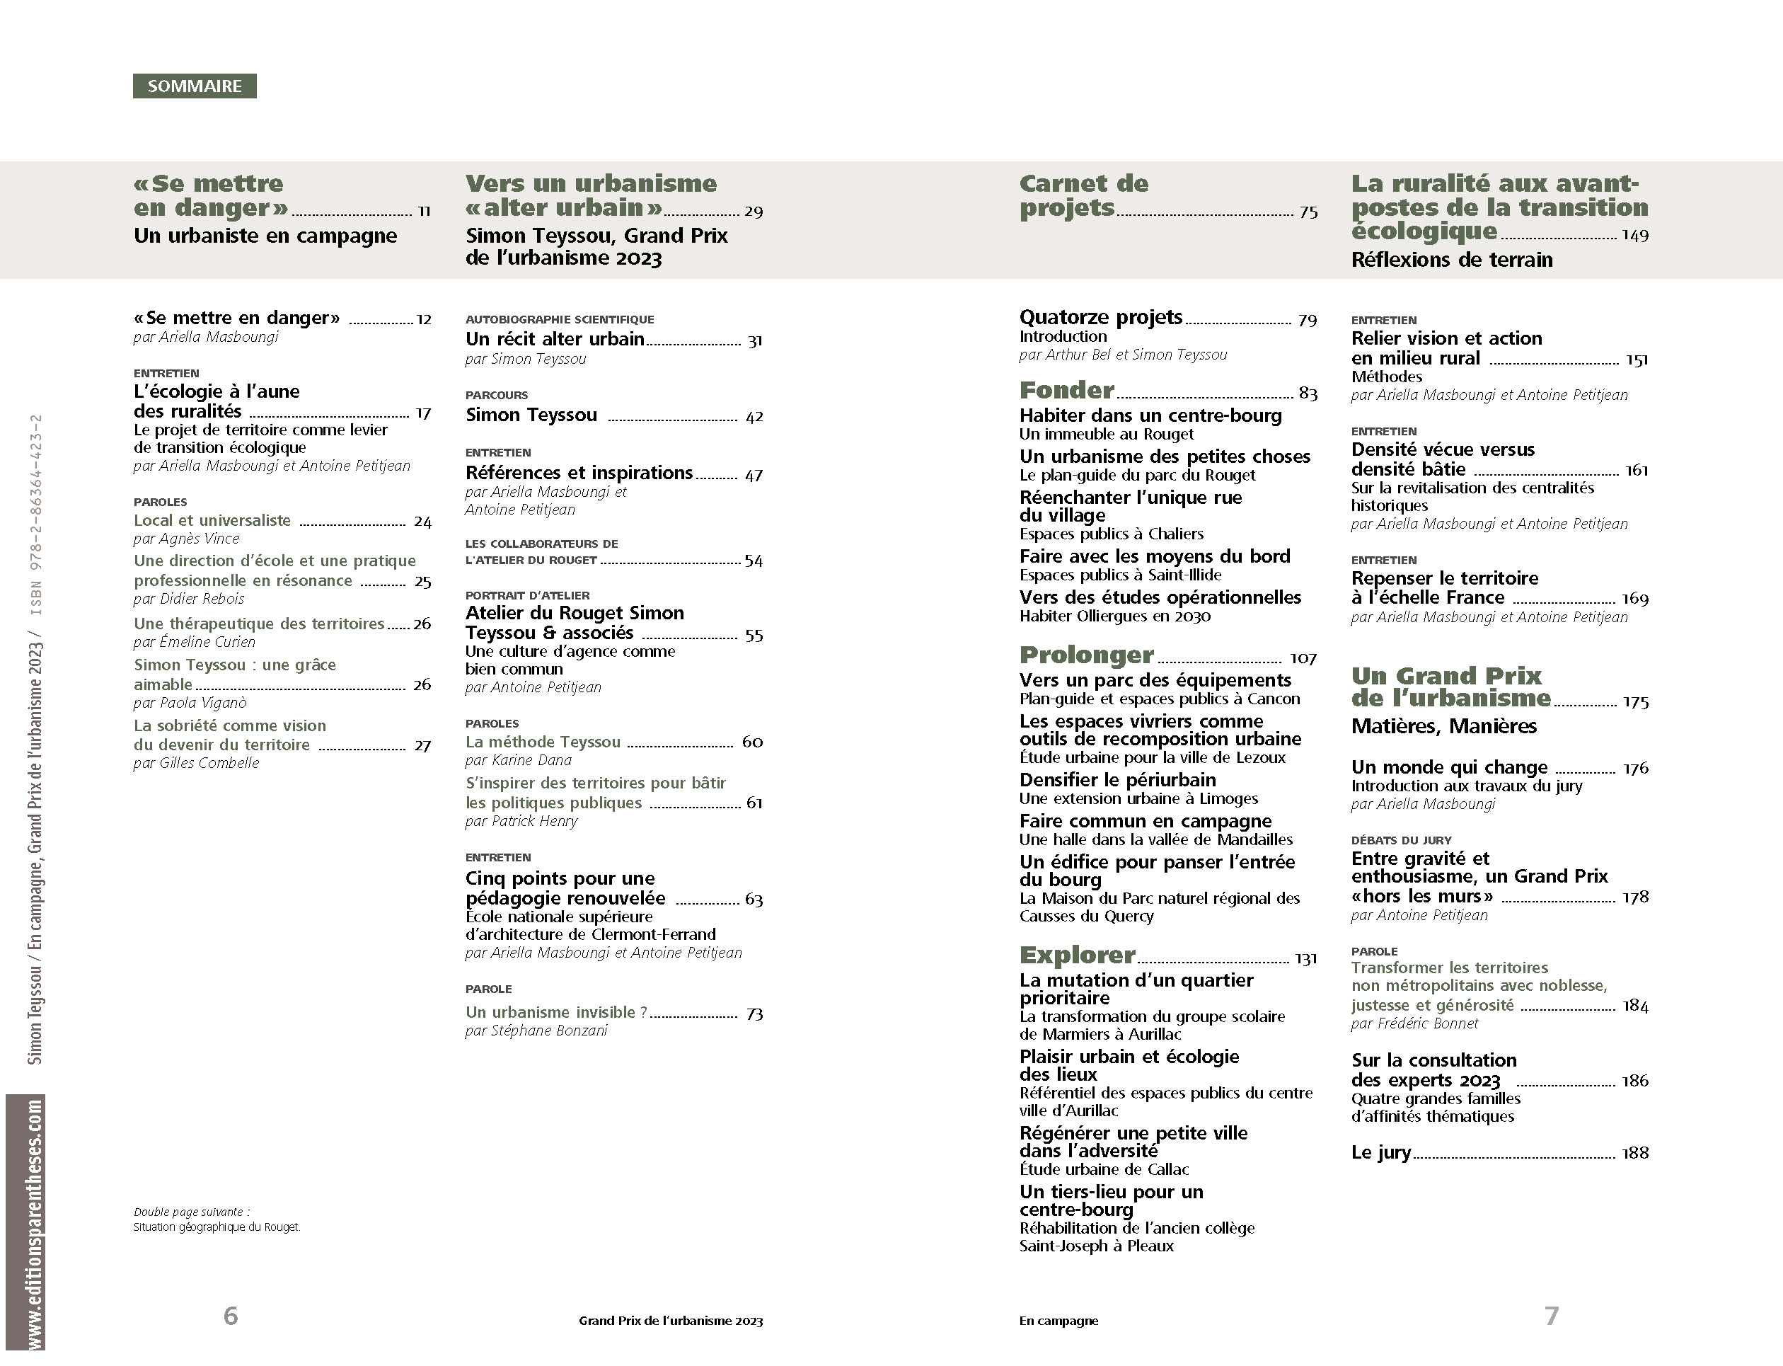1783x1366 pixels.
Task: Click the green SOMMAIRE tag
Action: click(195, 86)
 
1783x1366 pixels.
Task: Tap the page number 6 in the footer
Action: click(231, 1315)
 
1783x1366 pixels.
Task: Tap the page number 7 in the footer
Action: click(1552, 1315)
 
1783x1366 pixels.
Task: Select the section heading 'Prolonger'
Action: click(1087, 655)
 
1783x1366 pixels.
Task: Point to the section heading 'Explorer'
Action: click(1077, 955)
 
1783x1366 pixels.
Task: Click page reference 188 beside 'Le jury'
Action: click(1635, 1153)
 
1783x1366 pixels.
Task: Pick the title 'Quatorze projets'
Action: click(1100, 317)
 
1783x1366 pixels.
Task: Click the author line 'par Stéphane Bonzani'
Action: click(536, 1031)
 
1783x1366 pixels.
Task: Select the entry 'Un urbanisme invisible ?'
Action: click(556, 1012)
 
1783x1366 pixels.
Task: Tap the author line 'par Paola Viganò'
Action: click(190, 703)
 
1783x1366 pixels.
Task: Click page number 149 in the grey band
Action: click(1635, 236)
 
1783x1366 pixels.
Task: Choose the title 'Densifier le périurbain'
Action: click(1117, 780)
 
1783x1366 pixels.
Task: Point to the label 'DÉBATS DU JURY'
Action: click(1401, 840)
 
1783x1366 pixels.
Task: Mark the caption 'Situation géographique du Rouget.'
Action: click(217, 1227)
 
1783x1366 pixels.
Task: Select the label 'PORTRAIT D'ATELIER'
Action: click(527, 595)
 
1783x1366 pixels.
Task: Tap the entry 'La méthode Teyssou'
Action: click(543, 742)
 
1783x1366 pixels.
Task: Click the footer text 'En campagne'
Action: click(1058, 1321)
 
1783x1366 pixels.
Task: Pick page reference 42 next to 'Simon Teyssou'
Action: click(754, 417)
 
